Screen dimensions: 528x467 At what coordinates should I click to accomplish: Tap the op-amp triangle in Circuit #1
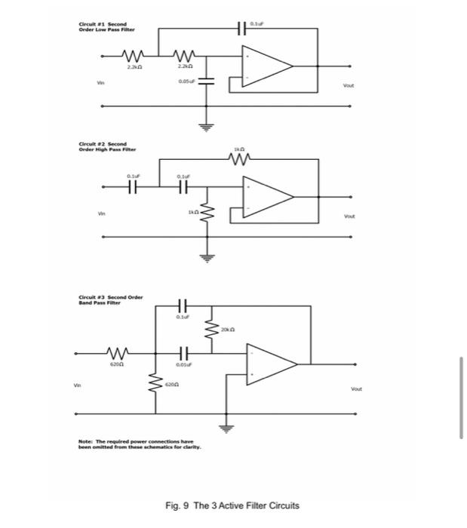coord(264,65)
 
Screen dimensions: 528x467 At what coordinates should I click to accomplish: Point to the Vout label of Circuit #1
coord(348,87)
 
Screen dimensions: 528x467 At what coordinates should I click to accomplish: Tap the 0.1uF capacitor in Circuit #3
coord(181,305)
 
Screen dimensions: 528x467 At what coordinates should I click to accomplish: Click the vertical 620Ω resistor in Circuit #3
coord(155,384)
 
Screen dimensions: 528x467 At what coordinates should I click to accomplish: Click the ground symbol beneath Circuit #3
coord(225,428)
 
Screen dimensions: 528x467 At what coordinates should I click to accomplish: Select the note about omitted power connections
coord(137,444)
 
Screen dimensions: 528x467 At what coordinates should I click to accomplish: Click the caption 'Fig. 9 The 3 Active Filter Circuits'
coord(233,505)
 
